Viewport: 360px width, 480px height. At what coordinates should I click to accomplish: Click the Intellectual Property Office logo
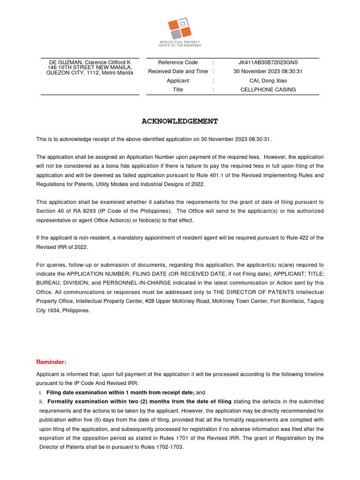[x=180, y=31]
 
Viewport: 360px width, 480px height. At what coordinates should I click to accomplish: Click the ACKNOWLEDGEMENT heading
[x=180, y=121]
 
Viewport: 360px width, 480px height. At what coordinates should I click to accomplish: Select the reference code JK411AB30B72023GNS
[x=268, y=62]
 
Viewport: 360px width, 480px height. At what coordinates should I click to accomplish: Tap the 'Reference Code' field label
[x=178, y=62]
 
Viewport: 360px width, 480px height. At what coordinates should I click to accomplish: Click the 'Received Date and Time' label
[x=178, y=71]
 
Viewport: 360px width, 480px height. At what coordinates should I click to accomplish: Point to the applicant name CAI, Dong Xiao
[x=268, y=81]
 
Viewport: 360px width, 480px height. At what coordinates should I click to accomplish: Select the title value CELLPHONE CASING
[x=268, y=90]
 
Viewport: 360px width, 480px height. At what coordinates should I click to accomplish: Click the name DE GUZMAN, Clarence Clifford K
[x=90, y=62]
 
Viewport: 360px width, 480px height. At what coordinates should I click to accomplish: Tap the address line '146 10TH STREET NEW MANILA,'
[x=90, y=67]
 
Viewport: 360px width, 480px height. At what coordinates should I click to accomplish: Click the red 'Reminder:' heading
[x=51, y=362]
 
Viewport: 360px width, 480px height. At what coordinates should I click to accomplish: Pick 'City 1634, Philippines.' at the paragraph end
[x=63, y=310]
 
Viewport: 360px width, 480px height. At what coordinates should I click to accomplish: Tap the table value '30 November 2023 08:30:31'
[x=268, y=71]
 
